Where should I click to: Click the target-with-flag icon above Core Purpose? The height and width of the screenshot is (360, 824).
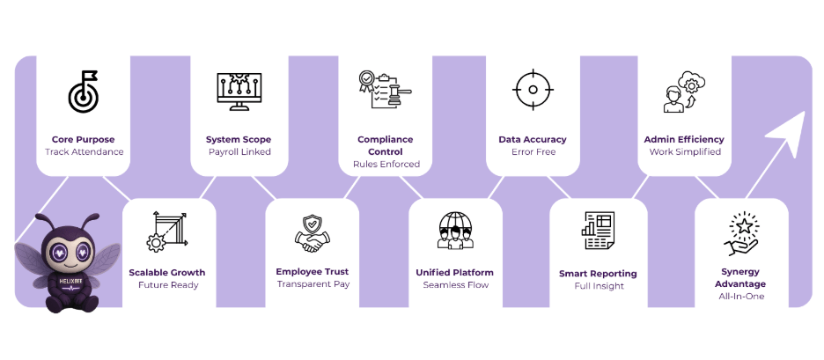coord(83,92)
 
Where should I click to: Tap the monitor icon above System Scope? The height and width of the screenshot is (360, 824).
coord(239,92)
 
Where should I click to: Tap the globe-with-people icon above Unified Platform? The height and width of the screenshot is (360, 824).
coord(454,231)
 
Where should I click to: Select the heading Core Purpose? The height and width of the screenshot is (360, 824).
coord(83,139)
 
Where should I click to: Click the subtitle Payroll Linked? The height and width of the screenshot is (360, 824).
coord(239,151)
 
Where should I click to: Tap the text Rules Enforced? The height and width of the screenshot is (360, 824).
coord(386,164)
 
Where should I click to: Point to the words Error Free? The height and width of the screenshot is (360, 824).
coord(532,151)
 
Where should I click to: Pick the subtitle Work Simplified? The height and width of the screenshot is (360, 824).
coord(684,151)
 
